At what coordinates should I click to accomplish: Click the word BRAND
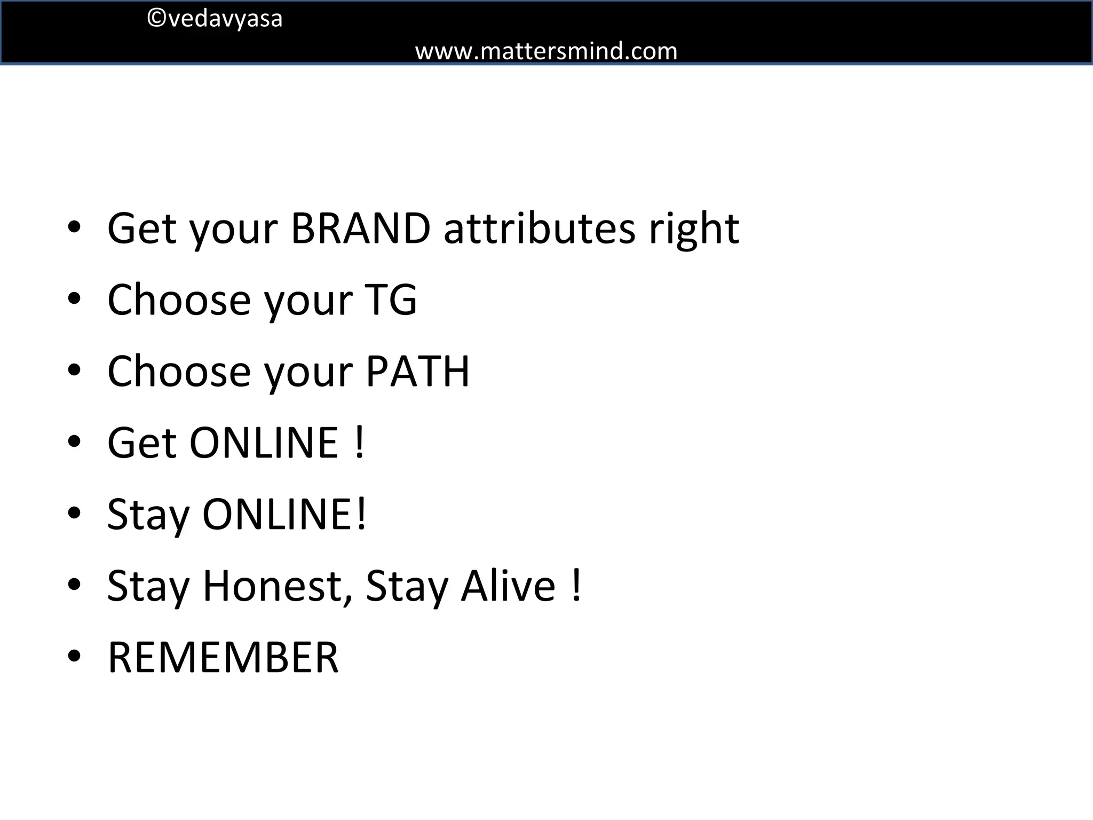point(360,228)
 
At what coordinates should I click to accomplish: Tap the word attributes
point(539,228)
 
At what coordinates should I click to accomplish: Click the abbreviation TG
point(391,300)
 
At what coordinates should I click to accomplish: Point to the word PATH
point(417,372)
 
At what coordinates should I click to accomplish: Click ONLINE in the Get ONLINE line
point(264,443)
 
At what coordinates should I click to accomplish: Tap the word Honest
point(278,586)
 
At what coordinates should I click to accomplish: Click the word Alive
point(509,586)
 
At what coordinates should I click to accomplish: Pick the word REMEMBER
point(223,658)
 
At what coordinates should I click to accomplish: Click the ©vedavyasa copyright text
point(215,19)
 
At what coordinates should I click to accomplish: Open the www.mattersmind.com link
point(546,51)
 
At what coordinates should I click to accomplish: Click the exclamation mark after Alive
point(576,586)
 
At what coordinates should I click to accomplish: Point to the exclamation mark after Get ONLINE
point(359,443)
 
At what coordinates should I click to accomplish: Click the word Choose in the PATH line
point(179,372)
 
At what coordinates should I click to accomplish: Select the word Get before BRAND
point(142,228)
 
